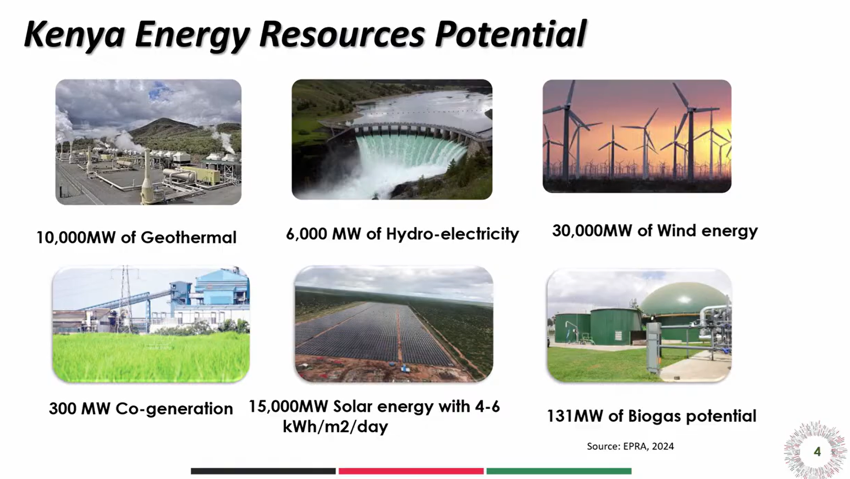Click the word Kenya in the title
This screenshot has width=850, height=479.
74,35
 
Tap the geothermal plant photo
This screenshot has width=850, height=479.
148,142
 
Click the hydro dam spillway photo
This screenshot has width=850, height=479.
392,139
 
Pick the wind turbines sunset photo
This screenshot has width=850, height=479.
637,136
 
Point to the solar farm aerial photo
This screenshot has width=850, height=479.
394,324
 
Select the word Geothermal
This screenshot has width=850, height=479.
188,237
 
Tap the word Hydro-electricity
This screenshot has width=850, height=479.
453,234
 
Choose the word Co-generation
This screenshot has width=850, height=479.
174,408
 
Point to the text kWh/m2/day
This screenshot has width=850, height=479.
335,427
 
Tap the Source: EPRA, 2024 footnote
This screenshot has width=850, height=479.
630,446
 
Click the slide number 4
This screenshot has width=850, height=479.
817,452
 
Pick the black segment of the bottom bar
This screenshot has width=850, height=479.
263,471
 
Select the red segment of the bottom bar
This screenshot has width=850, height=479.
411,471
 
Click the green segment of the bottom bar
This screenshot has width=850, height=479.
559,471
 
